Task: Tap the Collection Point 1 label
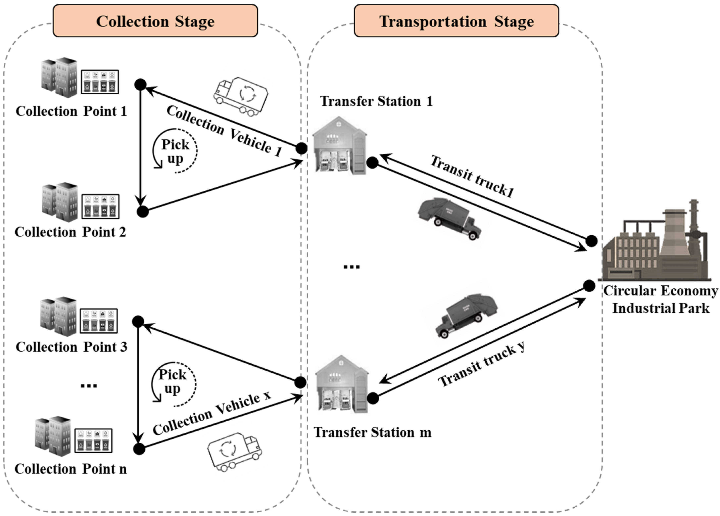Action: [x=71, y=111]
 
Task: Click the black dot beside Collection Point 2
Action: [x=143, y=212]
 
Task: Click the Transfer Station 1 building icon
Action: [x=339, y=145]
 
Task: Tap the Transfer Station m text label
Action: [x=372, y=432]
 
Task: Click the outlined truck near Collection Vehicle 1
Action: [x=240, y=95]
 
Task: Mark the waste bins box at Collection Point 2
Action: [x=100, y=206]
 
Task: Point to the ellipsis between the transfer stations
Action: [x=351, y=267]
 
